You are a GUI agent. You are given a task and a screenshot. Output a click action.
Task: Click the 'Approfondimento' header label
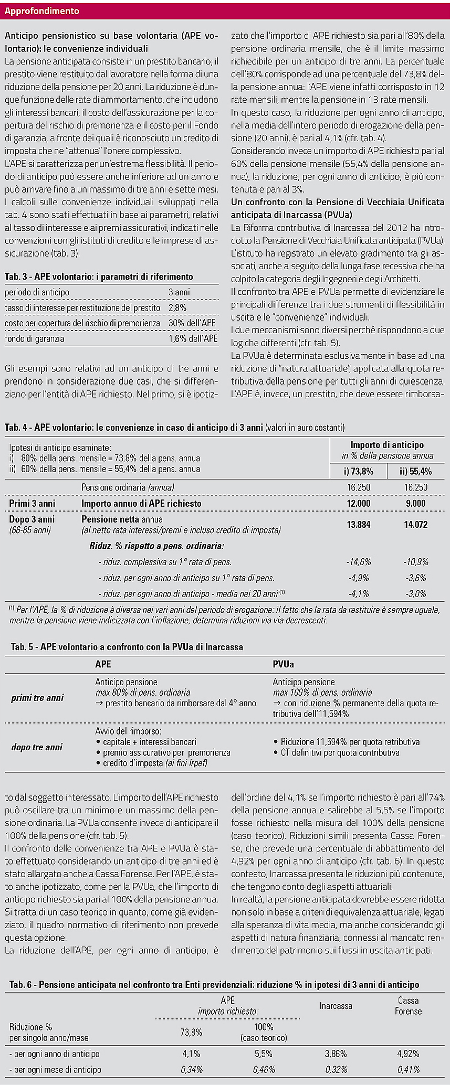click(x=42, y=11)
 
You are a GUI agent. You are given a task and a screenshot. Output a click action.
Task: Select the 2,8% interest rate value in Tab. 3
click(x=177, y=307)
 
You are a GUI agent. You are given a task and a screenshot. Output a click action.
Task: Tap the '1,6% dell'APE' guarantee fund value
click(x=193, y=338)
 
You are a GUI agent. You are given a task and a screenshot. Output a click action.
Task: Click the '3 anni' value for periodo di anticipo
click(x=179, y=292)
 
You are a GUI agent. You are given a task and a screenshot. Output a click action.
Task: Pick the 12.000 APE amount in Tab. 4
click(x=359, y=503)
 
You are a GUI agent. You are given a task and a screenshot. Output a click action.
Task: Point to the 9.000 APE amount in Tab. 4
click(x=415, y=503)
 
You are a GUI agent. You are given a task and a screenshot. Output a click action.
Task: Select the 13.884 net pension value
click(x=359, y=524)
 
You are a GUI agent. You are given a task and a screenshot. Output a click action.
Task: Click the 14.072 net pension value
click(x=415, y=524)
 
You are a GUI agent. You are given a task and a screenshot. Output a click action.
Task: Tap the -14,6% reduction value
click(x=359, y=562)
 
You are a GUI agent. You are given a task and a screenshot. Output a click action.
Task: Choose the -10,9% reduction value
click(x=415, y=562)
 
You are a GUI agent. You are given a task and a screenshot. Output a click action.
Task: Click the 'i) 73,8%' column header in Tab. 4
click(x=359, y=471)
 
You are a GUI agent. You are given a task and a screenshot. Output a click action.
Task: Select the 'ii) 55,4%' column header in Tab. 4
click(x=415, y=471)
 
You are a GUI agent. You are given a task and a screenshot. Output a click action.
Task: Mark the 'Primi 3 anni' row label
click(x=32, y=503)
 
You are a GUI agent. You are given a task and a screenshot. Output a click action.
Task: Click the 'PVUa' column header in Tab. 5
click(x=283, y=664)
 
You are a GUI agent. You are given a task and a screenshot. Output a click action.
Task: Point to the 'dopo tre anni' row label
click(x=37, y=747)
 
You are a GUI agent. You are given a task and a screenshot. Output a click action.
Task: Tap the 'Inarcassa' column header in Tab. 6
click(x=336, y=1006)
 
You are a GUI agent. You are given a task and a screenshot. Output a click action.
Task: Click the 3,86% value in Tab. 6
click(x=336, y=1054)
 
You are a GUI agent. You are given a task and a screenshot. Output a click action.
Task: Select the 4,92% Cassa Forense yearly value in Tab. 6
click(x=408, y=1054)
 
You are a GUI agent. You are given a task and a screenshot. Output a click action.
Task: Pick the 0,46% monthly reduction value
click(x=264, y=1069)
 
